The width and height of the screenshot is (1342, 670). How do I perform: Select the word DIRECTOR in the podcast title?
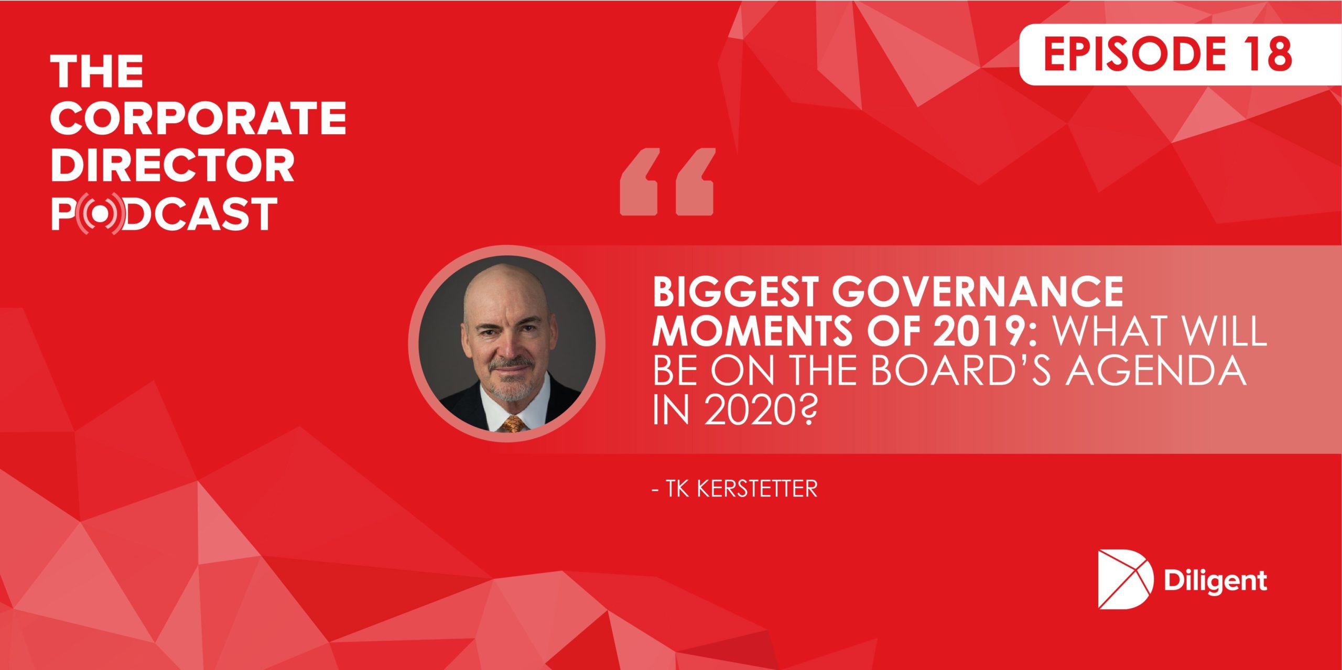tap(172, 165)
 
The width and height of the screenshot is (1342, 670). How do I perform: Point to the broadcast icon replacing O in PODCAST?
tap(100, 213)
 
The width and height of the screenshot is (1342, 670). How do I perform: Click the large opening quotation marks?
tap(667, 181)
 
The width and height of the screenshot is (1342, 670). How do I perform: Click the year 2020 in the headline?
tap(746, 410)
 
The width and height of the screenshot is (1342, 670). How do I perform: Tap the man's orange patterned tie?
tap(512, 424)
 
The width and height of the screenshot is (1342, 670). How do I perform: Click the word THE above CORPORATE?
tap(97, 71)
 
